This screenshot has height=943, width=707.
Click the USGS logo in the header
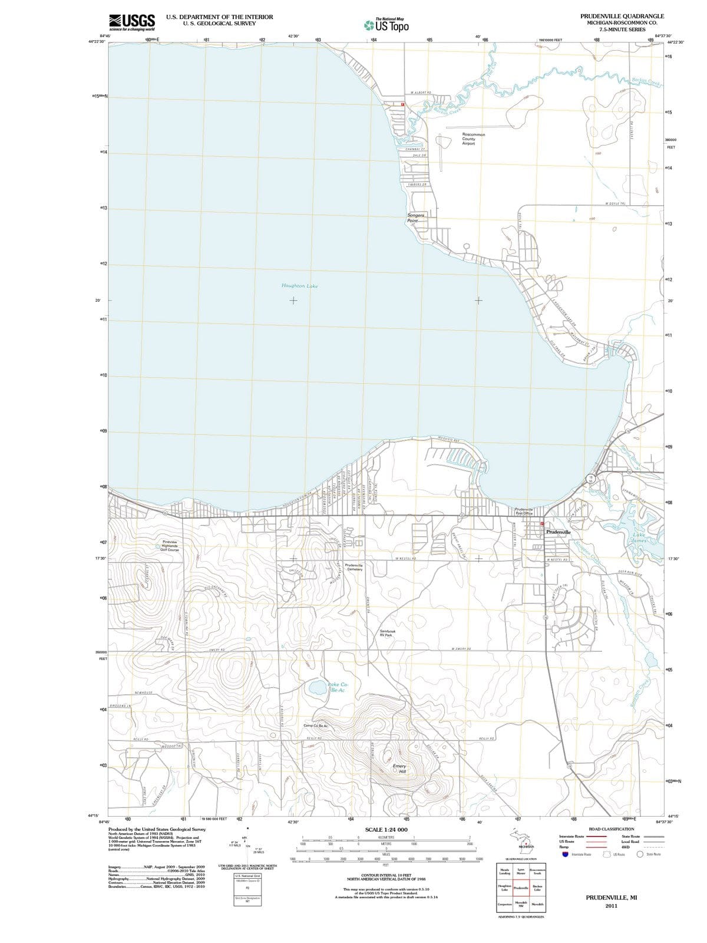[132, 22]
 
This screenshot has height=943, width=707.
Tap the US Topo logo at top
[386, 25]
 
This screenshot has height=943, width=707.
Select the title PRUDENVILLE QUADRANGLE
[622, 16]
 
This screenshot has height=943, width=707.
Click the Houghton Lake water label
[299, 286]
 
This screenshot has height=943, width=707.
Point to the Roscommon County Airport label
[473, 139]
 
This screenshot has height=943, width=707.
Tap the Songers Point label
[415, 217]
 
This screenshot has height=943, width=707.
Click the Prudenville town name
[558, 532]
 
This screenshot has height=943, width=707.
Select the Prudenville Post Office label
[524, 511]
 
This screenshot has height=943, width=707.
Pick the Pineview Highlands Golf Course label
[170, 546]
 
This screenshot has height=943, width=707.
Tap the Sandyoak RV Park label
[388, 633]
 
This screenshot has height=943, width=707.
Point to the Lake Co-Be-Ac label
[338, 687]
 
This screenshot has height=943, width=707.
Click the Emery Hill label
[399, 769]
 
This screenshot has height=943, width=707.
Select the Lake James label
[639, 538]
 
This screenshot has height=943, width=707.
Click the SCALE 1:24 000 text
[386, 829]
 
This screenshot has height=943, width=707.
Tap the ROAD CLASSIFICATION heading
[612, 829]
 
